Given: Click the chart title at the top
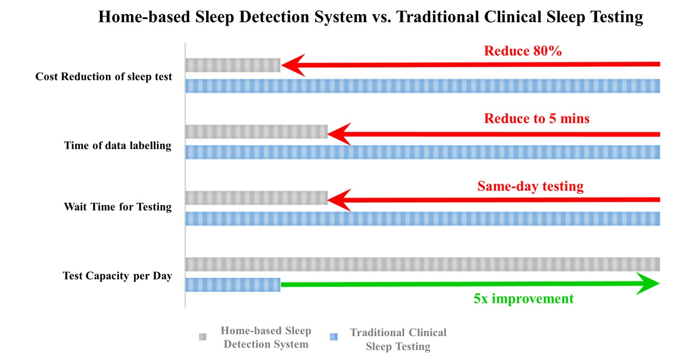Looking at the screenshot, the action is pos(370,17).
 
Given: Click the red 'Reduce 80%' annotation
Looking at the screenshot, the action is pos(522,51).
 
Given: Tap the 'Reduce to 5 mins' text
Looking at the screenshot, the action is pos(536,119).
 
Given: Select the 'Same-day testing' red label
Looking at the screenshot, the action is pos(530,186).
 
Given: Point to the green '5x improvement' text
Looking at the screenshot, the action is pos(523,299).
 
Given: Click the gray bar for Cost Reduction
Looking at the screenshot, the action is pos(233,65).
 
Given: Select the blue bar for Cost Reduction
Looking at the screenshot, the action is pos(423,86).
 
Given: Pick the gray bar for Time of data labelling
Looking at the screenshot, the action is pos(256,131).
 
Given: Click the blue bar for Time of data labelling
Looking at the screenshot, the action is pos(423,152).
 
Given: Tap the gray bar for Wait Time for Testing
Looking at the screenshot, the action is pos(256,197).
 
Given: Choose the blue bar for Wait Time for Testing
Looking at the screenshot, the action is pos(423,219).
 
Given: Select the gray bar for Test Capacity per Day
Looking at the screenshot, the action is pos(423,264).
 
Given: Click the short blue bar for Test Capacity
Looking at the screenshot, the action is pos(233,285).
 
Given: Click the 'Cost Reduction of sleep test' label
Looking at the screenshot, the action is pos(104,77).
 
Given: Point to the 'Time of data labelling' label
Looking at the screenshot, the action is pos(118,146).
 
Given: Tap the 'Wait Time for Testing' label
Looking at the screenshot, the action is pos(118,207).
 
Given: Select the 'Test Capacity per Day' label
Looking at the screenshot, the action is pos(118,276).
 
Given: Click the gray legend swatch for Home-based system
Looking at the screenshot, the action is pos(202,337).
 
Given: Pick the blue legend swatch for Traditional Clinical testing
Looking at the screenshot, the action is pos(334,337).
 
